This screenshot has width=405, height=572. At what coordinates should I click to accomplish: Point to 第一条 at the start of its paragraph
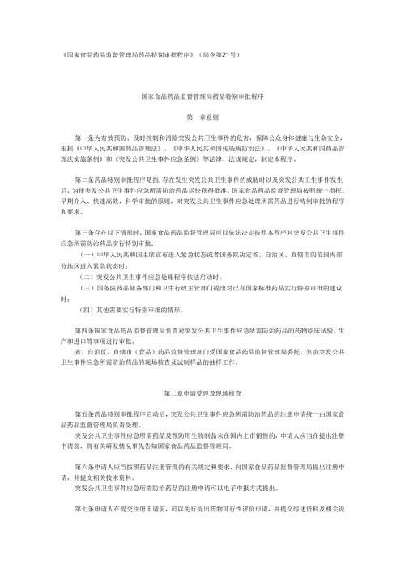click(x=82, y=137)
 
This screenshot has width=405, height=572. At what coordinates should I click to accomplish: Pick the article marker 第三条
click(x=82, y=232)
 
